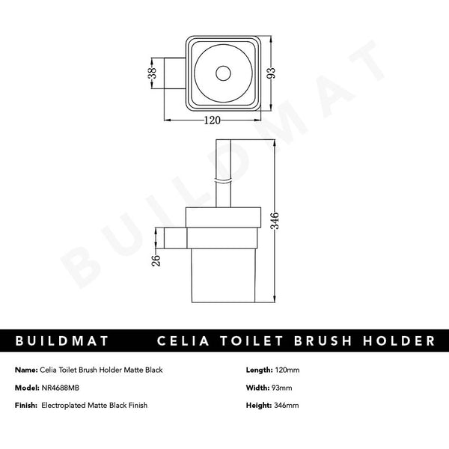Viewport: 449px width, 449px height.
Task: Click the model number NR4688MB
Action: coord(63,387)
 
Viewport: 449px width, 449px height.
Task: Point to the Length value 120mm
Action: coord(286,370)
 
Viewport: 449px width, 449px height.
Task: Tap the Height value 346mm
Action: coord(286,404)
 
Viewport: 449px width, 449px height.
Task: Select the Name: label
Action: coord(26,370)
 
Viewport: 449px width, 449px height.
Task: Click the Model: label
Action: coord(27,387)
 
